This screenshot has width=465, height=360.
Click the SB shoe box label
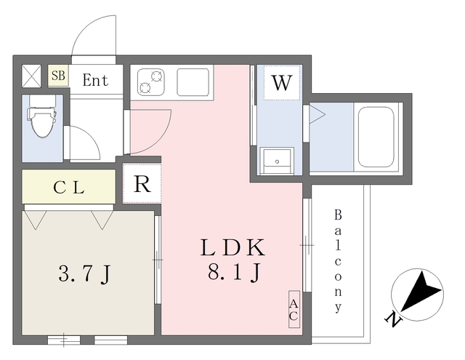tap(58, 76)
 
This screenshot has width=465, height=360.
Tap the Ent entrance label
tap(95, 80)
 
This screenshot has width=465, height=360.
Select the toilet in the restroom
tap(42, 116)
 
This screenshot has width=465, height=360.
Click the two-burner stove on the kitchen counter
tap(151, 82)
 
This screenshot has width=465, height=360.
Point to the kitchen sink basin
tap(193, 82)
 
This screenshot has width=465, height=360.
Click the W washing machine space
tap(282, 83)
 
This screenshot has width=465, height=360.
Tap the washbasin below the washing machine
tap(277, 160)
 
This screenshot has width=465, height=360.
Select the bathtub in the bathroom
tap(376, 137)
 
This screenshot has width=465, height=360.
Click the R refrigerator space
tap(142, 184)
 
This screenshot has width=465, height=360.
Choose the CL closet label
tap(69, 188)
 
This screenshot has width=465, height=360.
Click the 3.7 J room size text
tap(84, 274)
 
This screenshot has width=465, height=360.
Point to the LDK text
tap(232, 247)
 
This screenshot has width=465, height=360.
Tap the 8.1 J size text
tap(234, 272)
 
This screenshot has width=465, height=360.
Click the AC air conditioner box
tap(294, 309)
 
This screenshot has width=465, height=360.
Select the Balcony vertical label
tap(338, 260)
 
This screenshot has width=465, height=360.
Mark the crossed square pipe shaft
tap(32, 76)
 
